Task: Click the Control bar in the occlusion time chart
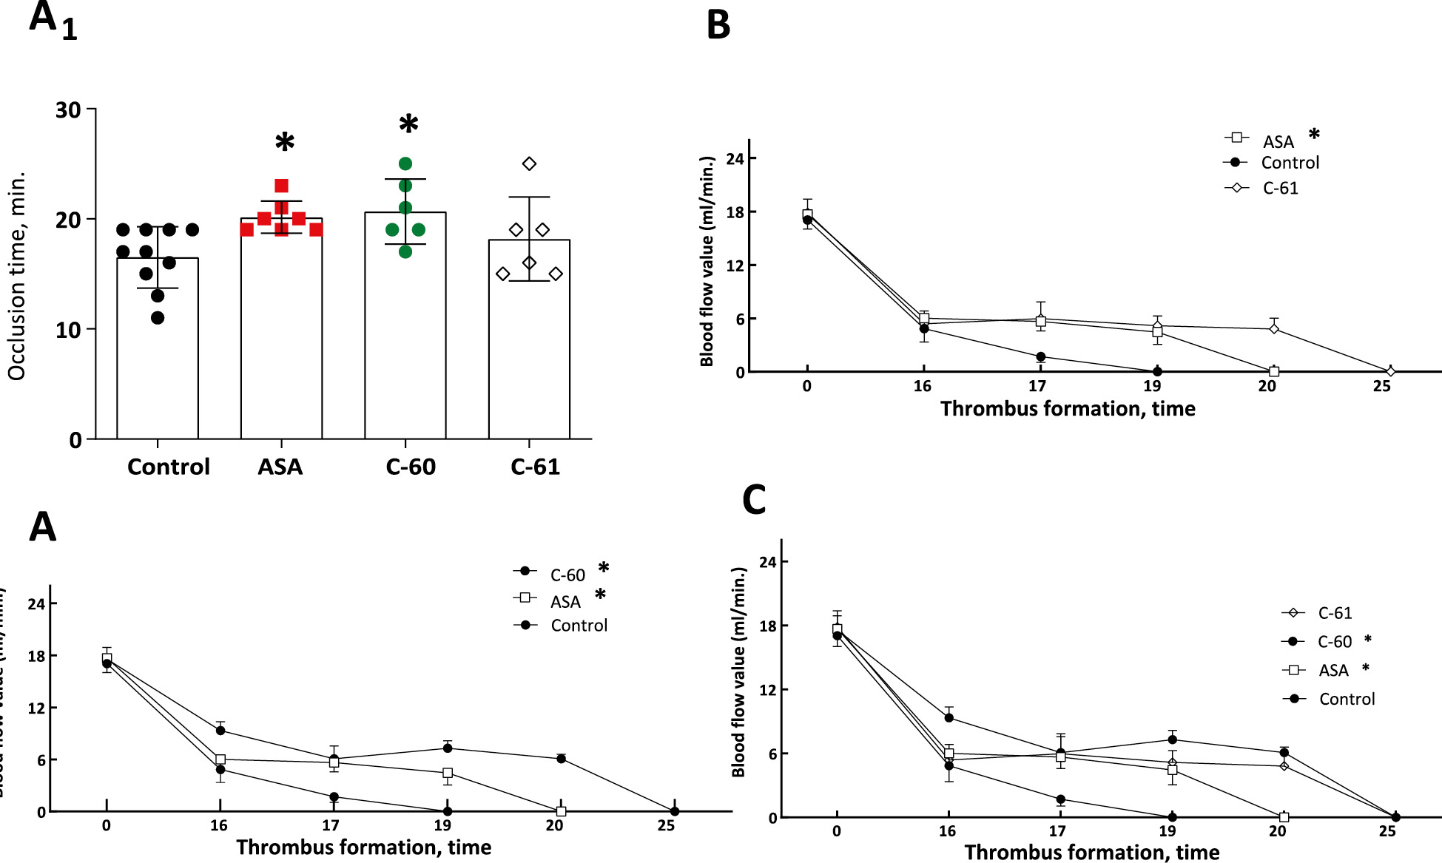157,355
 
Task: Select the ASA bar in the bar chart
281,340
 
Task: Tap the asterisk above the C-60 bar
408,124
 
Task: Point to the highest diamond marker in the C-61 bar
529,163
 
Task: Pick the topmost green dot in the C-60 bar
405,163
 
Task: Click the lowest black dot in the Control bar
158,318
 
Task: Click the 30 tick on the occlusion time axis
68,110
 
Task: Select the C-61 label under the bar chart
535,467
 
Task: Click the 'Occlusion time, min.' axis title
16,276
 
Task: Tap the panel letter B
718,25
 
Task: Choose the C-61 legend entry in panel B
1280,188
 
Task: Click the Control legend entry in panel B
1290,163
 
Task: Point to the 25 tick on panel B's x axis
1381,386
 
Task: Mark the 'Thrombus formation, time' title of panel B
1067,409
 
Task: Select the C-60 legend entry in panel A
567,575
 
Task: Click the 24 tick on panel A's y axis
36,604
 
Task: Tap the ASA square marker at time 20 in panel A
561,811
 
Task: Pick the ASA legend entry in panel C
1333,670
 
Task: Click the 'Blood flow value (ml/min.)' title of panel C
738,671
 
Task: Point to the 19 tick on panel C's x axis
1168,831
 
